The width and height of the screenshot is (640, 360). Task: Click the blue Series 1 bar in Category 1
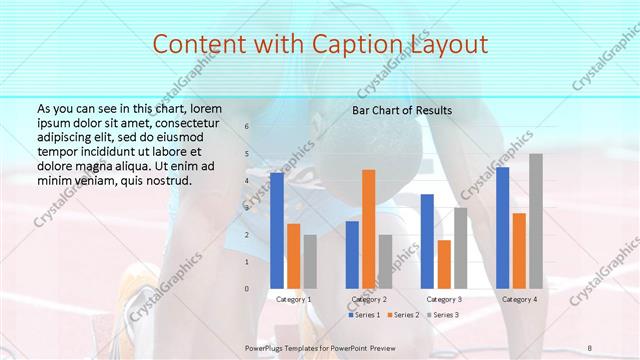[277, 230]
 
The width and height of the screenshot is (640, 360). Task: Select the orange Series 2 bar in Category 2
[369, 228]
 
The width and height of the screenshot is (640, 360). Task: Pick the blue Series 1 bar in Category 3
[427, 240]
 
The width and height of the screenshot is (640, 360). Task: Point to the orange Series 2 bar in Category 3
[444, 263]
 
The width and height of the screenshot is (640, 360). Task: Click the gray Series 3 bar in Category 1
[310, 261]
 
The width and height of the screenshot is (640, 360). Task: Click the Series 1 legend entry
[364, 315]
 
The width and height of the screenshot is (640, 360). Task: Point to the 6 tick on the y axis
[247, 127]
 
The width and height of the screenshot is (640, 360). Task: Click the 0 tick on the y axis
[247, 288]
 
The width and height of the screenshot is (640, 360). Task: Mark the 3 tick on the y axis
[247, 208]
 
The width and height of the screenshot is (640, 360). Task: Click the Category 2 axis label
[369, 299]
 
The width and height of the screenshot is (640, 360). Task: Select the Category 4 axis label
[519, 299]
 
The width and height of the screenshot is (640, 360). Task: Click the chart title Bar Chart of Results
[402, 110]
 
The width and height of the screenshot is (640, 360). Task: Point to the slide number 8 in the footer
[590, 347]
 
